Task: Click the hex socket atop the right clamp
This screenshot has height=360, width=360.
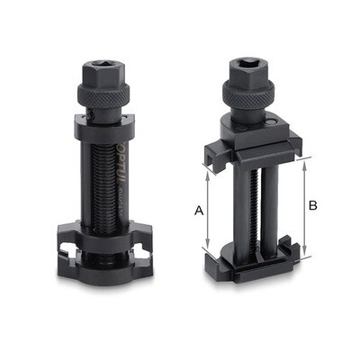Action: click(254, 64)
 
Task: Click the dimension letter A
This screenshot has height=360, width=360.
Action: click(198, 210)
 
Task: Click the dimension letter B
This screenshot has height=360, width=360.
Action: click(313, 205)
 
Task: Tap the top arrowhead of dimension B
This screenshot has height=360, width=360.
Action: click(305, 158)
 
